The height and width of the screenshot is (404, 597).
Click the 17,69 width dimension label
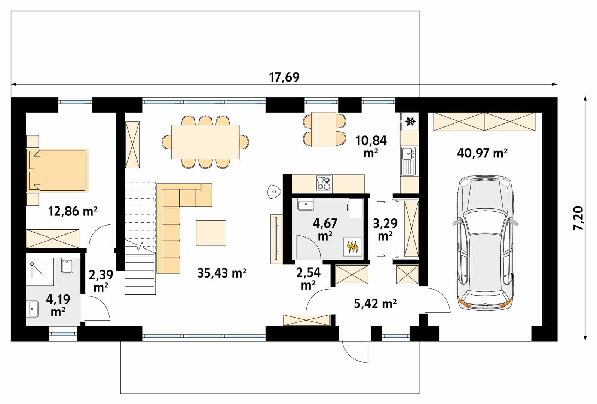click(284, 77)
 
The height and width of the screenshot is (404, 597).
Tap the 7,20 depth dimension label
click(578, 218)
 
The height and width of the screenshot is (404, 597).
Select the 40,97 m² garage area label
click(482, 153)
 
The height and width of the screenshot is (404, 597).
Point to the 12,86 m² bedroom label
click(73, 211)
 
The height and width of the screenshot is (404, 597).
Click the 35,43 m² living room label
click(222, 273)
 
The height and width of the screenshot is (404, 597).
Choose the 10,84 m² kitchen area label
click(371, 147)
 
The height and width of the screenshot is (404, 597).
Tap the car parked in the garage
click(485, 242)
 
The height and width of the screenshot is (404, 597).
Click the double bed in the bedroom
click(57, 170)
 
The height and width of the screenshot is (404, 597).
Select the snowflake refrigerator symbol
click(410, 122)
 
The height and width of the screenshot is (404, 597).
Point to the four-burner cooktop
click(324, 183)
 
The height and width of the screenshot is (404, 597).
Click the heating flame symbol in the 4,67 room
click(352, 247)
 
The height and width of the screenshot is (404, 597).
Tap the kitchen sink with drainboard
click(409, 161)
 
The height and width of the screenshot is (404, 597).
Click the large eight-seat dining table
click(205, 142)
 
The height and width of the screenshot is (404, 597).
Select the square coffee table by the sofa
click(211, 233)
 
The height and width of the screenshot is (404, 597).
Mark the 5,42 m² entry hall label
click(375, 303)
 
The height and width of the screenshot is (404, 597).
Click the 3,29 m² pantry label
click(385, 229)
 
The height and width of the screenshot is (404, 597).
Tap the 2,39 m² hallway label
click(101, 281)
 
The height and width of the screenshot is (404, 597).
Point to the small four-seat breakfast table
click(324, 129)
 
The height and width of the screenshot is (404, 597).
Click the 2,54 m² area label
click(308, 279)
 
